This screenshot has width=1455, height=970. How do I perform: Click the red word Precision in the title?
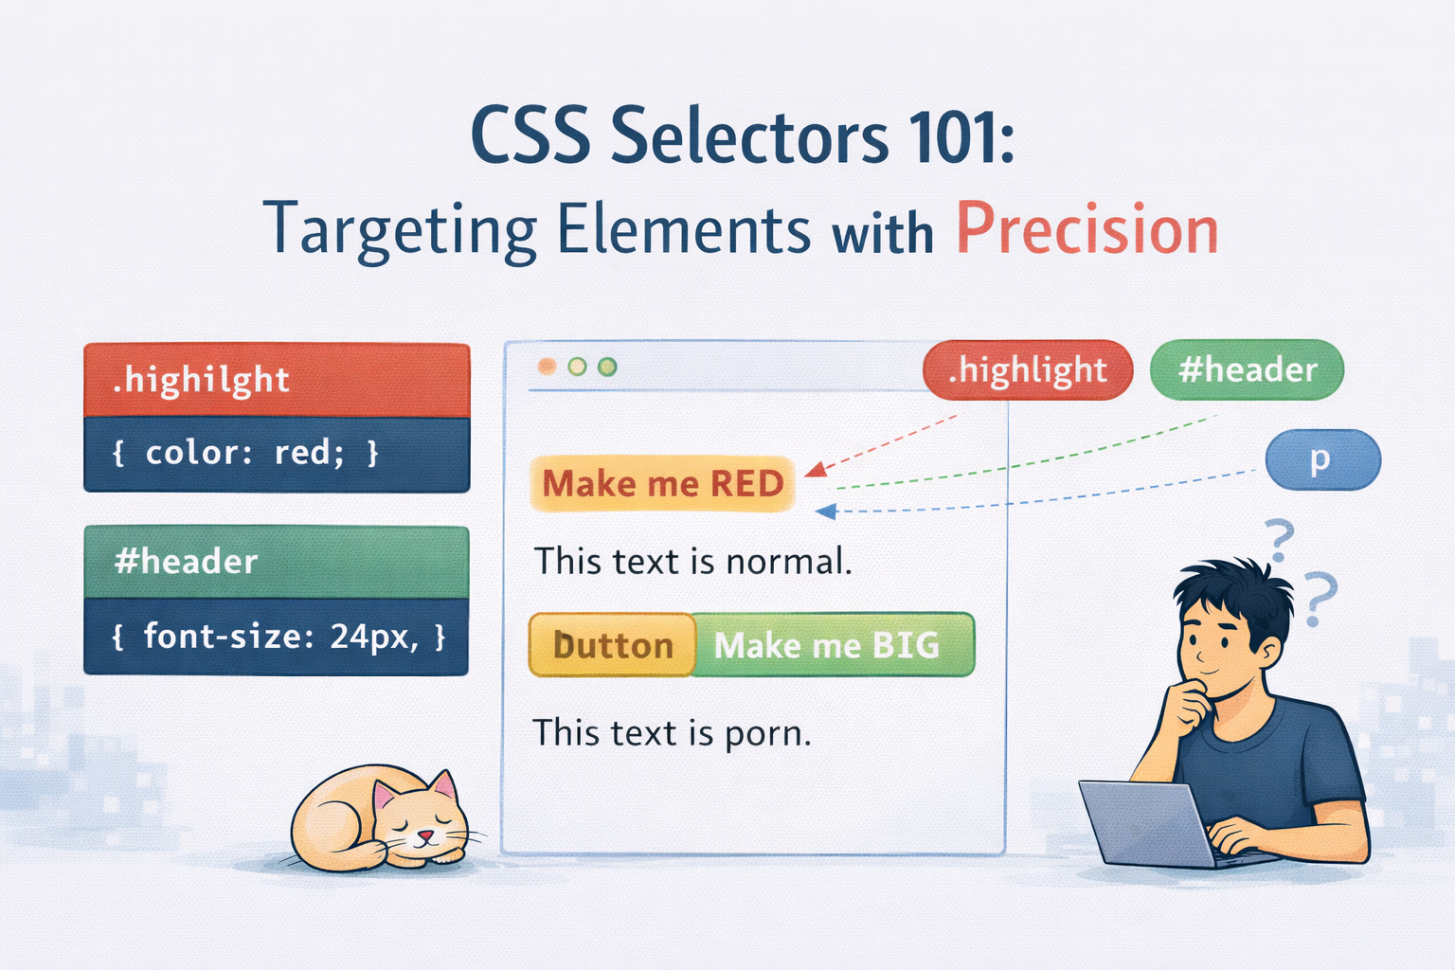(x=1087, y=228)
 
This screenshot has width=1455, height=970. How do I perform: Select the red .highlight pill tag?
(x=1028, y=369)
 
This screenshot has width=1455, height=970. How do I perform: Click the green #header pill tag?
(x=1247, y=369)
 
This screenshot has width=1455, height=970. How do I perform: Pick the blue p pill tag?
(x=1322, y=459)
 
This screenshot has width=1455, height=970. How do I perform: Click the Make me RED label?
(x=662, y=483)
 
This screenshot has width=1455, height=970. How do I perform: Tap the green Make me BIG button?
(x=834, y=644)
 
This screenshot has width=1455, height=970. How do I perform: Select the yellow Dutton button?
(x=612, y=644)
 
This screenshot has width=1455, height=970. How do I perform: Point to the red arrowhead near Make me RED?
(x=817, y=469)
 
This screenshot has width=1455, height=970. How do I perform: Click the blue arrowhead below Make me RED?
(x=826, y=512)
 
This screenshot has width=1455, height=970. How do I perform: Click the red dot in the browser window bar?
(x=547, y=368)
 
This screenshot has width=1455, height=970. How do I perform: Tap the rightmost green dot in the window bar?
(x=607, y=368)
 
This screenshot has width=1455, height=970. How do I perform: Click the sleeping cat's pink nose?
(x=425, y=835)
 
